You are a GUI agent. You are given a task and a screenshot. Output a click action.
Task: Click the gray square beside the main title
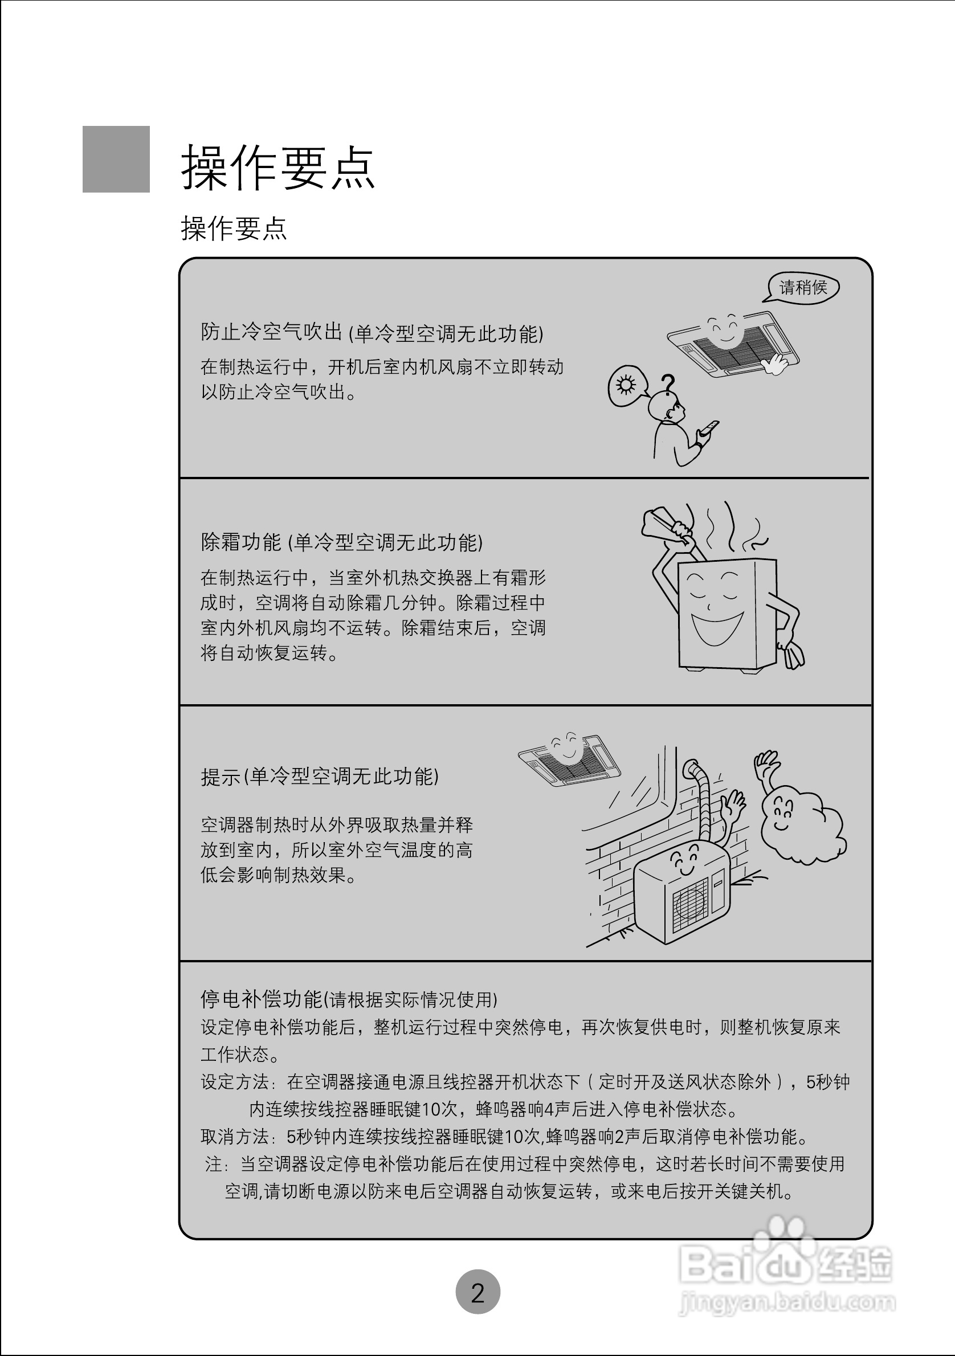coord(116,159)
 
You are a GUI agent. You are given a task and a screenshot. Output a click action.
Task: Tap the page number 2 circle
coord(478,1292)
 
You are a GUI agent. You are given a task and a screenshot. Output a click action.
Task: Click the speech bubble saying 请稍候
coord(803,288)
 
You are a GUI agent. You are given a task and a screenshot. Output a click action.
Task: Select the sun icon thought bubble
coord(626,386)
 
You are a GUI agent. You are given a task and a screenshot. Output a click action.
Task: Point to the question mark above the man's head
coord(668,385)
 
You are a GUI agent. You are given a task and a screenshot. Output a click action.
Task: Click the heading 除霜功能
coord(241,542)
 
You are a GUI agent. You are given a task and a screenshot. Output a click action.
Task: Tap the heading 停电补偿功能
coord(261,999)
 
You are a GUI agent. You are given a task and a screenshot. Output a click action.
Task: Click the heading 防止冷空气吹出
coord(271,333)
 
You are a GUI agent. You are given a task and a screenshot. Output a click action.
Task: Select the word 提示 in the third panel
coord(221,777)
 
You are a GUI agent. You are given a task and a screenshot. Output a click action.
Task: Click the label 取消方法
coord(234,1136)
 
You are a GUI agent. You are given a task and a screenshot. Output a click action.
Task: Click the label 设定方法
coord(234,1081)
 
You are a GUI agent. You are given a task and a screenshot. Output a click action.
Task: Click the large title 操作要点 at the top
coord(277,168)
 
